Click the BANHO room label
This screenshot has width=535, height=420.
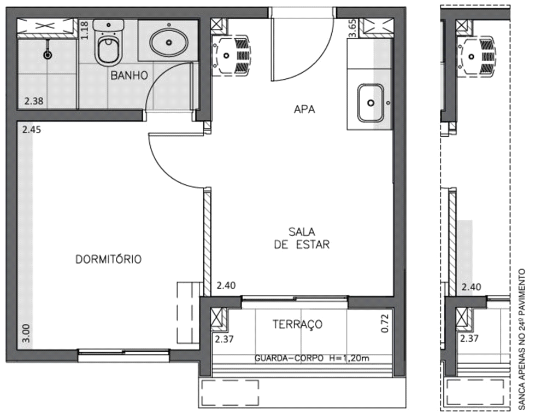click(130, 75)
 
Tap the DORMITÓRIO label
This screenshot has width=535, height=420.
click(108, 259)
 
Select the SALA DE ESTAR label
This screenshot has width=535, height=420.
click(302, 238)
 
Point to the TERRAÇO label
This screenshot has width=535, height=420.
click(297, 324)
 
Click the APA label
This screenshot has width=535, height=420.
click(304, 109)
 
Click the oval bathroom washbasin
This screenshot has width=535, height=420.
click(168, 42)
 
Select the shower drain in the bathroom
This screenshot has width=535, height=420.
click(48, 54)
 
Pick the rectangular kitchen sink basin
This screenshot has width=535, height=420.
click(371, 102)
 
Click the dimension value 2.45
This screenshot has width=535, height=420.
click(31, 130)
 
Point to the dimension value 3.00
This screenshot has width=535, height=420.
click(27, 333)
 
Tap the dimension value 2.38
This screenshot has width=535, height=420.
click(33, 101)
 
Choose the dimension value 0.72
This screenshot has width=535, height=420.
click(385, 324)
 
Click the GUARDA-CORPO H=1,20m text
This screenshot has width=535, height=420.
click(312, 359)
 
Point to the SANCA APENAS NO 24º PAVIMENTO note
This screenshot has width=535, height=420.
click(522, 340)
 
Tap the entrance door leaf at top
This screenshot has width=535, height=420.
click(272, 47)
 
